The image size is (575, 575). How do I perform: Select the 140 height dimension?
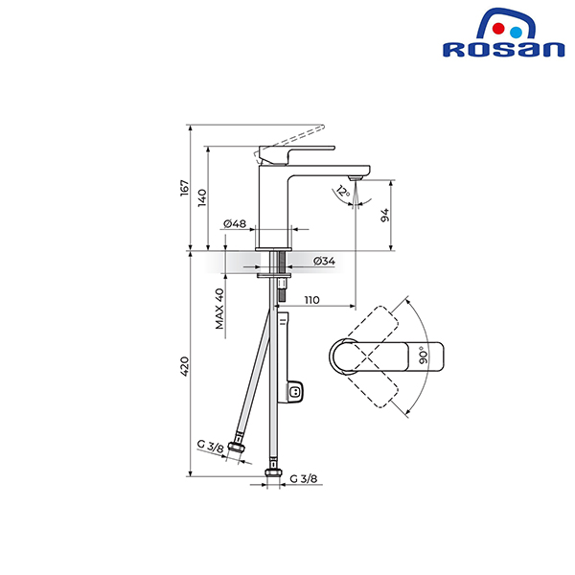click(x=202, y=197)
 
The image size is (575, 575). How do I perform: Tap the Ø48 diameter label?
click(x=236, y=224)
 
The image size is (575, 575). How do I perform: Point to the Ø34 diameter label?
click(x=324, y=261)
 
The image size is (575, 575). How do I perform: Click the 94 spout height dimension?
click(x=385, y=216)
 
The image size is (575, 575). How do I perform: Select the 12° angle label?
click(x=342, y=192)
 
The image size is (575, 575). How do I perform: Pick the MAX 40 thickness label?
click(x=219, y=309)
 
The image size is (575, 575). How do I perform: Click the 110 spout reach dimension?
click(x=311, y=300)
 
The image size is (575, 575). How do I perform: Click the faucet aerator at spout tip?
click(x=356, y=177)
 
